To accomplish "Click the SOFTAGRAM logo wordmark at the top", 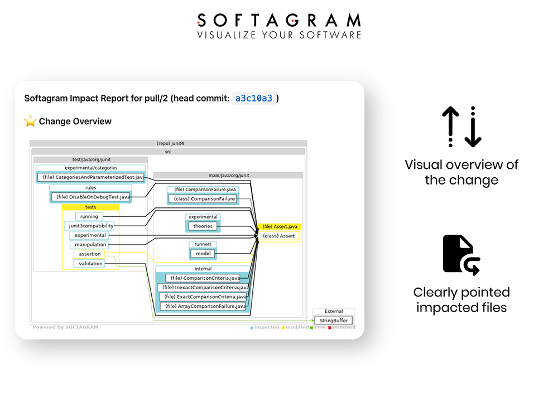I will point(279,21).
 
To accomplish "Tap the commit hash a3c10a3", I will point(254,99).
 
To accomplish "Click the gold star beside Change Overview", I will point(30,121).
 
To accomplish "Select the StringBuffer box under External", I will point(333,321).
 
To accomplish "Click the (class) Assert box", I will point(279,236).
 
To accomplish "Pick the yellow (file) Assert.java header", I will point(279,227).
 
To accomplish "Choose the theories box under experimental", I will point(203,226).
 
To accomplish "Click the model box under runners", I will point(203,254).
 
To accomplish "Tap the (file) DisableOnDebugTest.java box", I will point(92,197).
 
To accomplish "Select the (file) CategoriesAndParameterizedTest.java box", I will point(90,177).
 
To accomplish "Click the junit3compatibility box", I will point(89,226).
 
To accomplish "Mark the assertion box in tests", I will point(89,254).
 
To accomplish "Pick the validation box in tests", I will point(89,264).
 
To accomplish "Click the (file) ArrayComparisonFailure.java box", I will point(204,306).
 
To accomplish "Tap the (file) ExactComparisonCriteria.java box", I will point(204,297).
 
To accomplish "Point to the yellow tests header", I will point(90,207).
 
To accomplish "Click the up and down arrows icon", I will point(461,127).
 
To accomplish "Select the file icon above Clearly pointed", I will point(461,255).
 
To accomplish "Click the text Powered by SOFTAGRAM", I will point(65,327).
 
